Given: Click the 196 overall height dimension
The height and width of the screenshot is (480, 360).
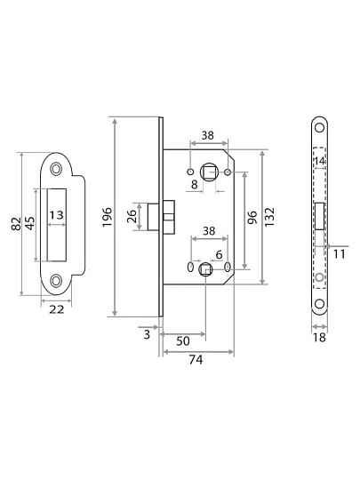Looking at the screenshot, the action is click(108, 217).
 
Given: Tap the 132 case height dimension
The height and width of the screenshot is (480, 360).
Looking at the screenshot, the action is click(269, 217).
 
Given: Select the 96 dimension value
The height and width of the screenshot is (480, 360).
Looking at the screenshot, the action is click(252, 217).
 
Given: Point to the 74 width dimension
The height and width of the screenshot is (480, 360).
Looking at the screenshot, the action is click(196, 360).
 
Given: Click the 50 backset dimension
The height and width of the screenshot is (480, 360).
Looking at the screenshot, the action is click(183, 340).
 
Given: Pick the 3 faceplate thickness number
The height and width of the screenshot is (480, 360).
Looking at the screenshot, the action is click(147, 334).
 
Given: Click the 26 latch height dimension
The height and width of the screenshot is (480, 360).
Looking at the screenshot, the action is click(132, 216).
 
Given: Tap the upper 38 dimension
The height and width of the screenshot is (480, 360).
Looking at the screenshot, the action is click(207, 135).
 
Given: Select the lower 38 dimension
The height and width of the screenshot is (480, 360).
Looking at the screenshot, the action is click(209, 231).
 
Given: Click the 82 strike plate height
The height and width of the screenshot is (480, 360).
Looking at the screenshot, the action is click(16, 223).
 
